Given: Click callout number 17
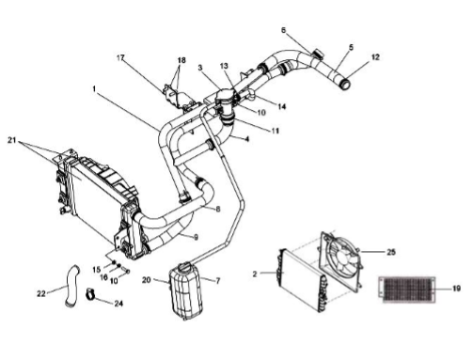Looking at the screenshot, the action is [120, 58].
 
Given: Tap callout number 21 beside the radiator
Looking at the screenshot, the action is [12, 140].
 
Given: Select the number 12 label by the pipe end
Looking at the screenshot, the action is [375, 57].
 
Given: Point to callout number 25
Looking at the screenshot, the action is [391, 252].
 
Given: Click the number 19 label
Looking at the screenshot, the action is [456, 289].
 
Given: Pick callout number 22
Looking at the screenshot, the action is [41, 293].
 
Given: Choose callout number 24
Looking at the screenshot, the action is [118, 304].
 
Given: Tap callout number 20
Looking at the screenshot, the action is [147, 280].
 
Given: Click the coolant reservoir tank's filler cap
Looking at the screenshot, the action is [184, 266].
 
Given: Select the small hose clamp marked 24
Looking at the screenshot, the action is [89, 294].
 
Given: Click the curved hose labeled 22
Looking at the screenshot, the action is [71, 286].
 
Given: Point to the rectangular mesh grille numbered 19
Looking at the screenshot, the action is [407, 290].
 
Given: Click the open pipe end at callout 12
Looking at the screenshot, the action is [345, 84].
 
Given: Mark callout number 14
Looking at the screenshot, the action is [282, 106].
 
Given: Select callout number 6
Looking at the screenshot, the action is [284, 30].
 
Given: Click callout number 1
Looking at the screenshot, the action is [94, 89].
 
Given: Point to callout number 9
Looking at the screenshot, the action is [196, 237].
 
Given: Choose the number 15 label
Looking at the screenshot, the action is [97, 270].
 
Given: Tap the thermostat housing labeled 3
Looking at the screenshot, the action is [225, 97].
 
